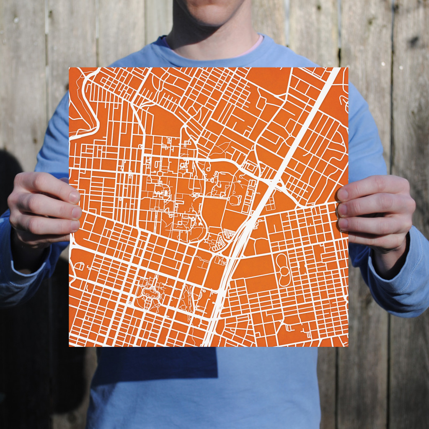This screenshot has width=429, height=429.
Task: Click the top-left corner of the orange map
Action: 70,68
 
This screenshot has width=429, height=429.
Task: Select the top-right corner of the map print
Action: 347,68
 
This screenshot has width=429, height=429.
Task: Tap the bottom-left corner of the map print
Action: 70,346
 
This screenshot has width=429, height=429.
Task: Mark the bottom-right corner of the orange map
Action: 347,346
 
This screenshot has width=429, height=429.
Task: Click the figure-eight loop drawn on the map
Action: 283,269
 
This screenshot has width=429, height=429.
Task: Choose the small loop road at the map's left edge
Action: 78,266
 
